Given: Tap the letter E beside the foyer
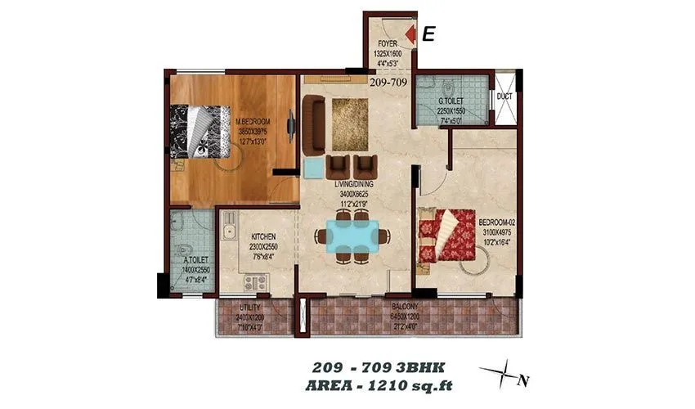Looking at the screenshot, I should click(429, 34).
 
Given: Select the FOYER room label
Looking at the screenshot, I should click(388, 45).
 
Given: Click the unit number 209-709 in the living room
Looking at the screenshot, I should click(388, 82).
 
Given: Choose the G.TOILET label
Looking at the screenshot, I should click(451, 101).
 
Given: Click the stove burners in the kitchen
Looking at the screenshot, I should click(254, 282).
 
